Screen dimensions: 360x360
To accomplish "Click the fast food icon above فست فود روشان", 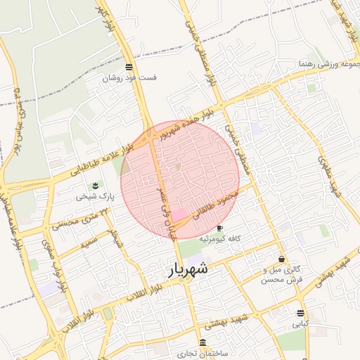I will click(x=129, y=67).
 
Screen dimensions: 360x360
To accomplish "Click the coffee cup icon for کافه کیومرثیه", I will click(x=219, y=228).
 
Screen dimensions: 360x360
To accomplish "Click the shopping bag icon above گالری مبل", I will click(x=281, y=259).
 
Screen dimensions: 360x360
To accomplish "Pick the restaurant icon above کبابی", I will click(x=301, y=313).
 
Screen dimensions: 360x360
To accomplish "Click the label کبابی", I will click(x=300, y=325).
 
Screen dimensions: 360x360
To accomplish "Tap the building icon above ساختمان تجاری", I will click(x=202, y=342).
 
